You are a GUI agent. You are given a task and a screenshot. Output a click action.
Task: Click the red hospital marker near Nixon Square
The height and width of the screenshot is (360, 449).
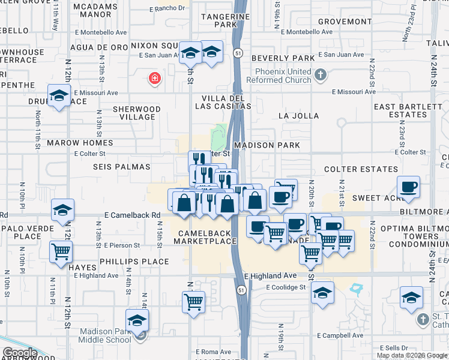pyautogui.click(x=155, y=77)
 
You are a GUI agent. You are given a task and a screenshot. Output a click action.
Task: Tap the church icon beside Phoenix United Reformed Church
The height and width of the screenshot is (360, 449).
pyautogui.click(x=321, y=75)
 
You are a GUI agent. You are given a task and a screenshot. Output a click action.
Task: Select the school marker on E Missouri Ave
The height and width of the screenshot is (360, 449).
pyautogui.click(x=59, y=97)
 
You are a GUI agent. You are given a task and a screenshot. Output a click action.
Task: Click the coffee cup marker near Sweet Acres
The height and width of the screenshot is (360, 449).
pyautogui.click(x=408, y=187)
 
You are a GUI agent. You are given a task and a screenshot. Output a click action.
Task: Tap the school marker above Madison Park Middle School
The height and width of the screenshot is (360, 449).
pyautogui.click(x=137, y=320)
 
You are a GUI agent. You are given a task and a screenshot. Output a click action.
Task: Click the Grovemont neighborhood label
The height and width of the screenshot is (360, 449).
pyautogui.click(x=345, y=22)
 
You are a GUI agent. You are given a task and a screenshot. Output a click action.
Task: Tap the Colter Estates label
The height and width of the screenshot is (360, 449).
pyautogui.click(x=350, y=169)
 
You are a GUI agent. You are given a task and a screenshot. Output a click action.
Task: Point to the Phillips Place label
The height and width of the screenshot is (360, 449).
pyautogui.click(x=134, y=262)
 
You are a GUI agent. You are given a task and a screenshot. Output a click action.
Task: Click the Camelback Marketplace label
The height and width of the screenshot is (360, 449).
pyautogui.click(x=205, y=237)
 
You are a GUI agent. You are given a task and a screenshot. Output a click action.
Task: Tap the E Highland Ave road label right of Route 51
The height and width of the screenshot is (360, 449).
pyautogui.click(x=271, y=275)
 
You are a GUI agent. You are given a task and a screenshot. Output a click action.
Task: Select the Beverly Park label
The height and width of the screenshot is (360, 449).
pyautogui.click(x=283, y=58)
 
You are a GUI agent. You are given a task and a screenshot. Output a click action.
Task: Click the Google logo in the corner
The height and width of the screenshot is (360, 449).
pyautogui.click(x=19, y=353)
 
